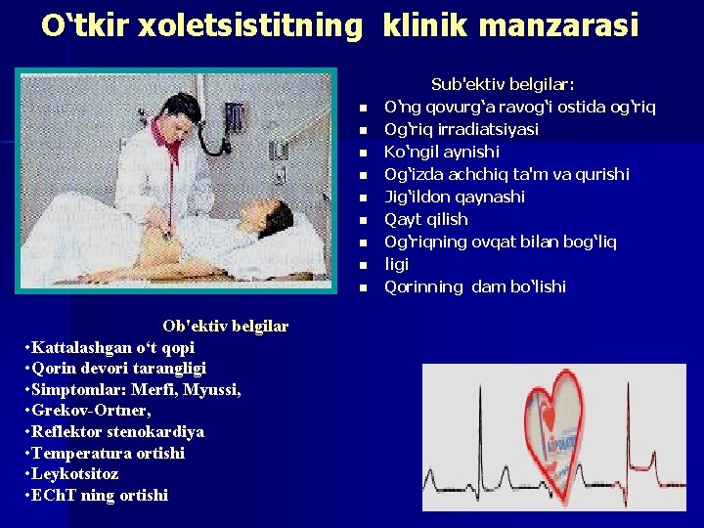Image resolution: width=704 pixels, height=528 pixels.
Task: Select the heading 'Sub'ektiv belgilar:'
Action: (x=503, y=85)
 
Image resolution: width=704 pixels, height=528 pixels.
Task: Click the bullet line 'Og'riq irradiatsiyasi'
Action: (x=462, y=129)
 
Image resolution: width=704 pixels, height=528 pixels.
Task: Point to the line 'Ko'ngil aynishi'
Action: (x=442, y=152)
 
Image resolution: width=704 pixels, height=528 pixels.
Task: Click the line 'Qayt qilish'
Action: (x=426, y=219)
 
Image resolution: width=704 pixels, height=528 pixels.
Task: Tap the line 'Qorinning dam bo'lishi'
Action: (x=475, y=286)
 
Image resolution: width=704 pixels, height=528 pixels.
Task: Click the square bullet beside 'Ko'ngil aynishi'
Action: (x=361, y=153)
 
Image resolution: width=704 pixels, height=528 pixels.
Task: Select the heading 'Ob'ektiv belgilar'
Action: (x=226, y=326)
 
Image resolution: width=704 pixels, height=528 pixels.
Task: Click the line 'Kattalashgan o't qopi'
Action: (x=113, y=347)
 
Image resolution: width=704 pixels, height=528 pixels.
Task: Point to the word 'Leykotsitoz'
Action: (x=75, y=473)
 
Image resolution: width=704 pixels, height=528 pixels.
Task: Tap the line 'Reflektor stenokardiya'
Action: (x=117, y=431)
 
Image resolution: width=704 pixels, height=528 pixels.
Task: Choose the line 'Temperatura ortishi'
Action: (x=108, y=453)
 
